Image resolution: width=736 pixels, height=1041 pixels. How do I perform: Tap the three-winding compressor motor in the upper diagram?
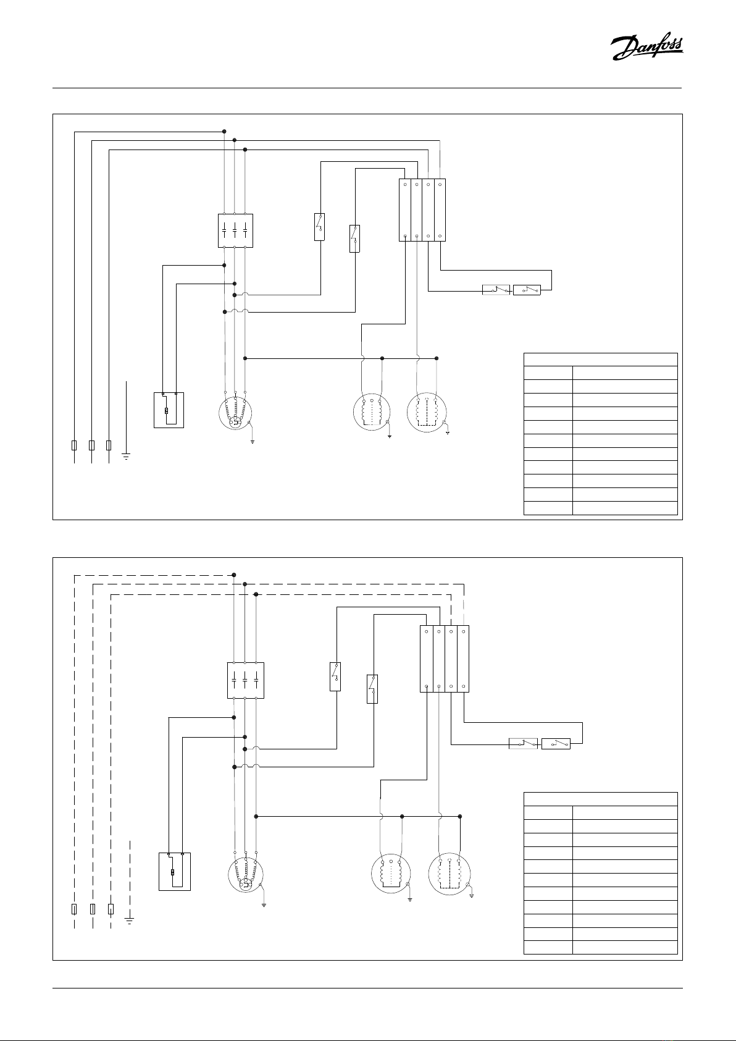pos(235,413)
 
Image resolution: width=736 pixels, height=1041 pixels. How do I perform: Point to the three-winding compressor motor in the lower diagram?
pos(246,875)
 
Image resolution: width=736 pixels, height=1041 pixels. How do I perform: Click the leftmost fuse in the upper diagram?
pos(74,445)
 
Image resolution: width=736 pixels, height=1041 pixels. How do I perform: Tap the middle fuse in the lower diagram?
pos(93,909)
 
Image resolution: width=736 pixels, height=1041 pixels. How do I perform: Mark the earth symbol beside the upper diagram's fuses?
pos(126,457)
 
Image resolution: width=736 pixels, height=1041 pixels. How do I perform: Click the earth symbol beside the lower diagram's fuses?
pos(130,921)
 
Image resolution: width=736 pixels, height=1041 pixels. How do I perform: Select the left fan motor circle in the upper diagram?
pos(372,411)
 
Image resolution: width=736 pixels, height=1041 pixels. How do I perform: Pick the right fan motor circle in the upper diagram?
pos(427,412)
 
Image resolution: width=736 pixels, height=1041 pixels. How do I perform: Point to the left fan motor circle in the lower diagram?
pos(391,874)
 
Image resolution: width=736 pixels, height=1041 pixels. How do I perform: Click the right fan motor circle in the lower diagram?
pos(450,874)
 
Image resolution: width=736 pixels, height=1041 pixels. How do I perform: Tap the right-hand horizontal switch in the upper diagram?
pos(527,290)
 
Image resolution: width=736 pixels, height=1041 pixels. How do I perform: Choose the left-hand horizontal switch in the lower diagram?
pos(524,744)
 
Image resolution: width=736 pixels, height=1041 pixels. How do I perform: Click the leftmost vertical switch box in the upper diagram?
pos(319,227)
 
